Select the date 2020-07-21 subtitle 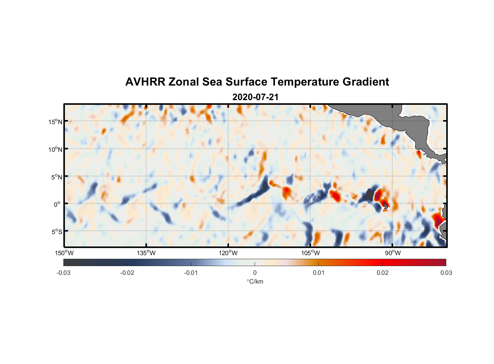[255, 97]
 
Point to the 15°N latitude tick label [55, 122]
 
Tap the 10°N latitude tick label [55, 149]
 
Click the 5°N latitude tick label [56, 177]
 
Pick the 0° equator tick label [57, 204]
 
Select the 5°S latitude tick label [56, 232]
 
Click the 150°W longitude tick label [64, 253]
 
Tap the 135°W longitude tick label [146, 253]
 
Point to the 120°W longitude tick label [228, 253]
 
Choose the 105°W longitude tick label [310, 253]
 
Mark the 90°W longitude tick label [392, 253]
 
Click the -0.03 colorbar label [63, 273]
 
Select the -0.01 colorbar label [191, 273]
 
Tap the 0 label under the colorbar [255, 273]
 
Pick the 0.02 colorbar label [383, 273]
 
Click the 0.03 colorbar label [446, 273]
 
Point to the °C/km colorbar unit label [255, 281]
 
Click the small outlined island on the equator [385, 206]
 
